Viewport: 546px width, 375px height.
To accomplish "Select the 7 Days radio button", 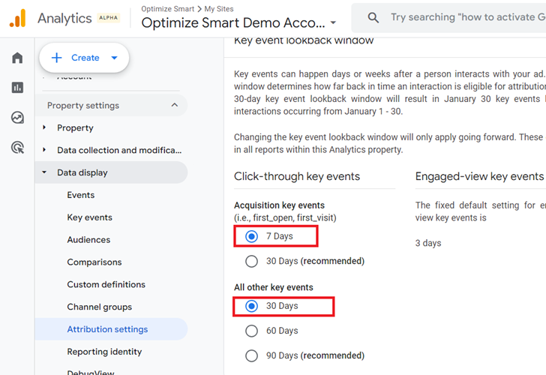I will [252, 236].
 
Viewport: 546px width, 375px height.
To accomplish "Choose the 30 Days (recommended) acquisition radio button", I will [252, 261].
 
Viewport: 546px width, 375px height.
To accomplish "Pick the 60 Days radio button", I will [252, 331].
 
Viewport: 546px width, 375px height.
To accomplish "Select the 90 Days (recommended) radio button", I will [252, 355].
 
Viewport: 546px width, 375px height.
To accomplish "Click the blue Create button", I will [85, 58].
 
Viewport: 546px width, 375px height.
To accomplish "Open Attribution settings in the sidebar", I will [107, 329].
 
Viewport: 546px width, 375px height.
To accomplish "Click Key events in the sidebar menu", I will [89, 217].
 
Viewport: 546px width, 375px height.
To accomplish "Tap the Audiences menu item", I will [88, 240].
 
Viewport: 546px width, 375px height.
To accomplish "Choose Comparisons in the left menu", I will [94, 262].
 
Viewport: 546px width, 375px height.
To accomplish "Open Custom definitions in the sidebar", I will [106, 285].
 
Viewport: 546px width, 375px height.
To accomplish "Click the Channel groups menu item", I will [99, 307].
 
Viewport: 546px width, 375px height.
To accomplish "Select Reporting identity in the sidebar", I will [104, 352].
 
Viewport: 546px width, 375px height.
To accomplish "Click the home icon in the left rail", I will [17, 58].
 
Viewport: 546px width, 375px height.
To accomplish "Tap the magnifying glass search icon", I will [373, 17].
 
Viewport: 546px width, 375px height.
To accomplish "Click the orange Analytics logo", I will [17, 18].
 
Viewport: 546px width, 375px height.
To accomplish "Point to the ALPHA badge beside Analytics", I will [108, 18].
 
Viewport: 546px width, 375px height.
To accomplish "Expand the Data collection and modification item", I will [119, 150].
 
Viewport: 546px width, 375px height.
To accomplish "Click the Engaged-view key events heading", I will [479, 176].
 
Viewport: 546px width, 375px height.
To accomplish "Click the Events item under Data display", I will [80, 195].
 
